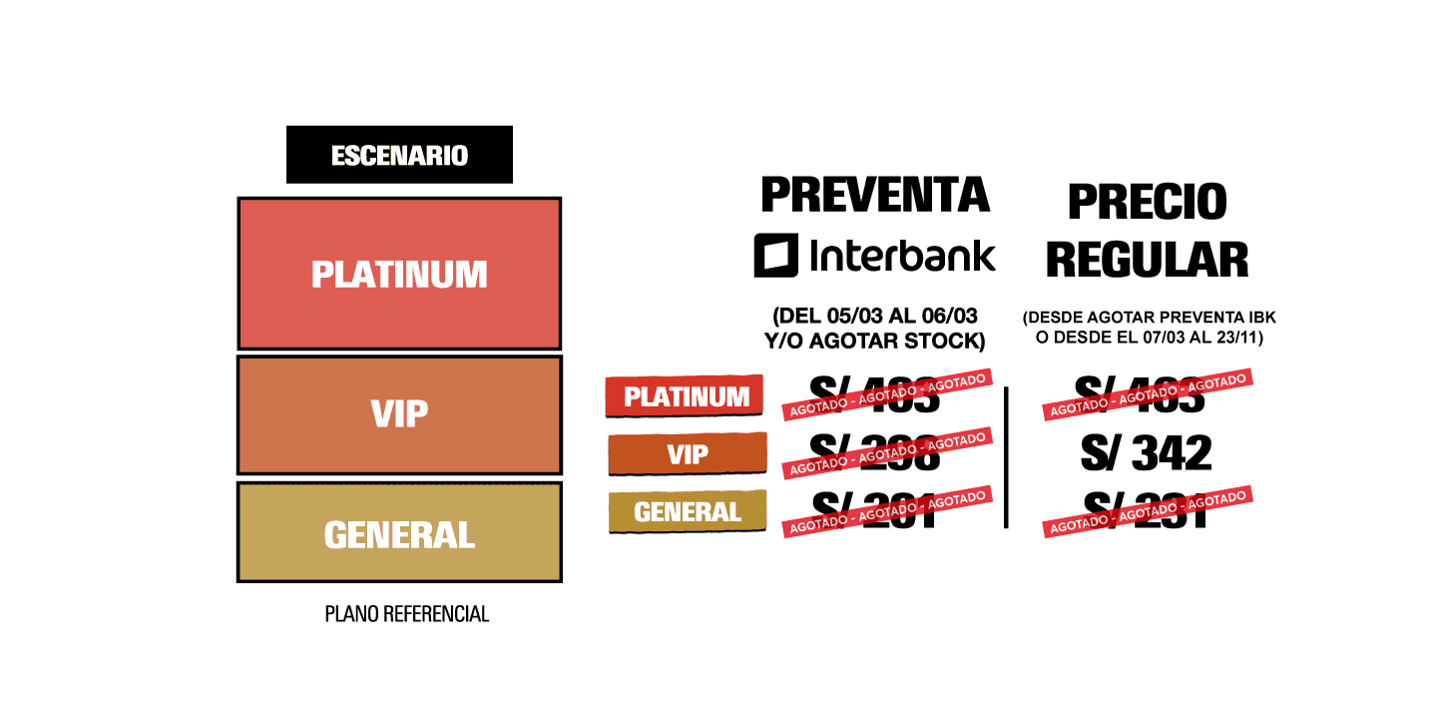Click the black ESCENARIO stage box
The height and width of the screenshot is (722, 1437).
coord(399,155)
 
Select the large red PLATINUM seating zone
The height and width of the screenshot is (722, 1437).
coord(399,274)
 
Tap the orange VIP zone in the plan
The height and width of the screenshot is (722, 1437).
coord(399,414)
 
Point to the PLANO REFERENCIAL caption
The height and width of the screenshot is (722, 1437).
coord(407,614)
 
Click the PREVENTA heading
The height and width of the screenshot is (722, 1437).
coord(875,195)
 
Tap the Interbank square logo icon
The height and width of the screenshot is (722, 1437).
coord(775,255)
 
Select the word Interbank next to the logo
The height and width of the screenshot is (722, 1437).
coord(903,255)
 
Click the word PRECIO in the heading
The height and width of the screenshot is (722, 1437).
coord(1147,202)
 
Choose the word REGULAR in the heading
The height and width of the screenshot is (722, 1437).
coord(1147,259)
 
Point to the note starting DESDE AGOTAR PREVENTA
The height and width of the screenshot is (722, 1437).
coord(1149,328)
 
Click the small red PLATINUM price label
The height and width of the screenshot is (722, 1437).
coord(686,396)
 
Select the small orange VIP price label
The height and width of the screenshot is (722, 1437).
coord(687,454)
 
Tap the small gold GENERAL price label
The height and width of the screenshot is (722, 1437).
coord(687,512)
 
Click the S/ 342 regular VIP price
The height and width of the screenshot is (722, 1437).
coord(1146,454)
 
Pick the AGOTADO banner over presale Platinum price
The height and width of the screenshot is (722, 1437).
coord(887,394)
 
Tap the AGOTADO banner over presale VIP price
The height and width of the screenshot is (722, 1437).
coord(887,452)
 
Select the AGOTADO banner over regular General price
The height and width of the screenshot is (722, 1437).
coord(1148,511)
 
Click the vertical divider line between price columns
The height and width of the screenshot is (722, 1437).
coord(1006,457)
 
